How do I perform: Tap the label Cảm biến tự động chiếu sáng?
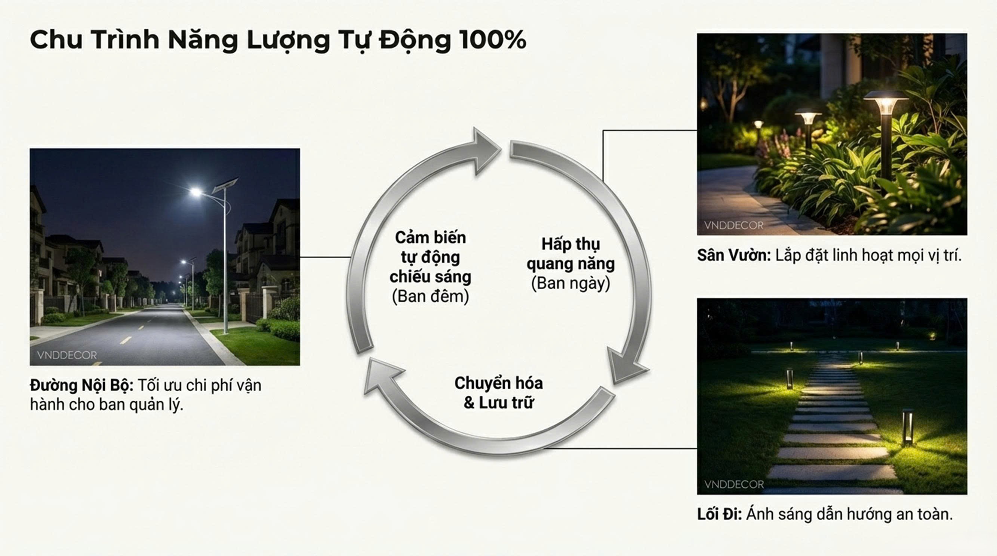pyautogui.click(x=430, y=257)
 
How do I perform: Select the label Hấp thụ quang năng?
pyautogui.click(x=570, y=254)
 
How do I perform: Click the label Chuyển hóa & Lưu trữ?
pyautogui.click(x=499, y=393)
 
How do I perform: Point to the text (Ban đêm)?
pyautogui.click(x=430, y=297)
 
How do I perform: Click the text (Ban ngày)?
pyautogui.click(x=570, y=284)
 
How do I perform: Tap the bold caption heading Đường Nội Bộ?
pyautogui.click(x=81, y=385)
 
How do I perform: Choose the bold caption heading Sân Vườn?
pyautogui.click(x=734, y=255)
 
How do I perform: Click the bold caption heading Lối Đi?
pyautogui.click(x=719, y=514)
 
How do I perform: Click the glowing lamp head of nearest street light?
pyautogui.click(x=196, y=192)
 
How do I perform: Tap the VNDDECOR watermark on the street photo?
pyautogui.click(x=67, y=355)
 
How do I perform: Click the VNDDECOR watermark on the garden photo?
pyautogui.click(x=734, y=225)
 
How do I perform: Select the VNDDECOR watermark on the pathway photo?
pyautogui.click(x=734, y=484)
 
